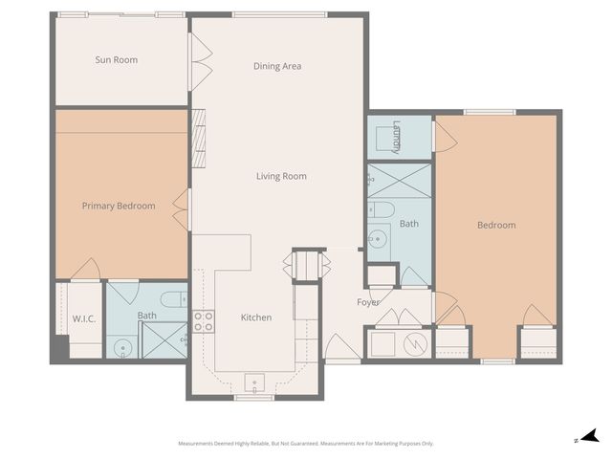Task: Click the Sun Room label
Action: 116,60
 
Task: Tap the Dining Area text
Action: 277,66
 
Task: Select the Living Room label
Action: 281,176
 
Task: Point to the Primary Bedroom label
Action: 119,206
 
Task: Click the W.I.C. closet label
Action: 82,317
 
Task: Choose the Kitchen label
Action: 256,317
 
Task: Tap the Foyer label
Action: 368,303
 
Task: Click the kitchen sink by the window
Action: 255,383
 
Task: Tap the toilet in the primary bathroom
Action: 172,299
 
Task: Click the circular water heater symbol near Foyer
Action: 416,343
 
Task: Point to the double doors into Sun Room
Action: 199,61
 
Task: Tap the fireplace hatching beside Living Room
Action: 199,139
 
